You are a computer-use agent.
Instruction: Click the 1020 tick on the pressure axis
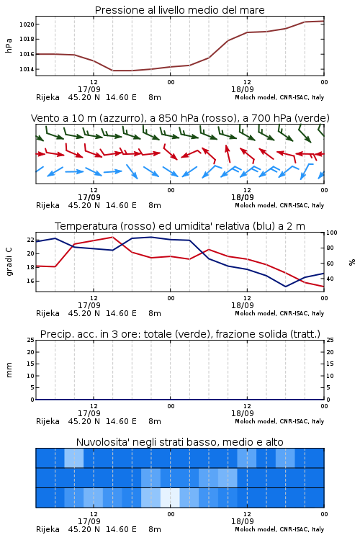pos(27,24)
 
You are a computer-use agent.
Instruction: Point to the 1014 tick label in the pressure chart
pos(27,69)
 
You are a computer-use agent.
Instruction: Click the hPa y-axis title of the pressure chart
pos(9,45)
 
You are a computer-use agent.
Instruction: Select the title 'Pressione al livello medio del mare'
pos(180,10)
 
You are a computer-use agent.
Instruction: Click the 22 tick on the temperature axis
pos(31,240)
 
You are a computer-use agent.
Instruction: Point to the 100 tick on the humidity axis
pos(332,233)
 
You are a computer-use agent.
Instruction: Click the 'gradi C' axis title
pos(9,262)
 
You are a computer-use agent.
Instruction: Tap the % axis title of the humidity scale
pos(352,262)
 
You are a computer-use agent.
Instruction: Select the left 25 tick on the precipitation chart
pos(31,340)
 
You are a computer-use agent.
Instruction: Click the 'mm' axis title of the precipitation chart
pos(9,370)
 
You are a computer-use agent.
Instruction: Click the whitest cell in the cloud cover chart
pos(170,498)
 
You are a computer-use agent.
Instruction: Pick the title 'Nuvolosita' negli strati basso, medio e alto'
pos(180,442)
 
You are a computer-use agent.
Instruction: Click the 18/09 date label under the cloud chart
pos(243,521)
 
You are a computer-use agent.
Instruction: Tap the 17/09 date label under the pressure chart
pos(89,89)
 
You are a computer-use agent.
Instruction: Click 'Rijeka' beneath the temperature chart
pos(48,313)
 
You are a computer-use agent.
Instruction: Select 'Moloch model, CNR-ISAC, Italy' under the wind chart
pos(279,205)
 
